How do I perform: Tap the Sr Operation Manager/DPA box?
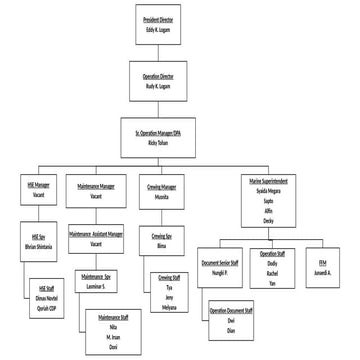tap(164, 137)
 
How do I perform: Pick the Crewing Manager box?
tap(161, 191)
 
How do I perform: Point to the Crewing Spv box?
tap(161, 241)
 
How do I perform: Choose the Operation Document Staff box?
tap(231, 318)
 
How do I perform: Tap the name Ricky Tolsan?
tap(164, 144)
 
